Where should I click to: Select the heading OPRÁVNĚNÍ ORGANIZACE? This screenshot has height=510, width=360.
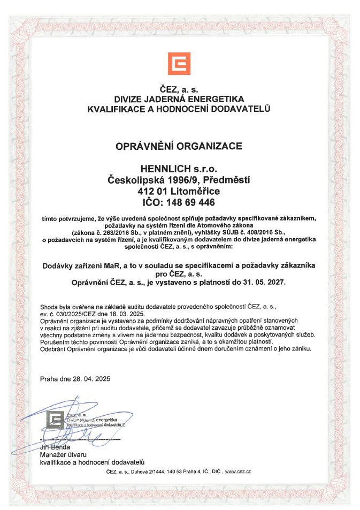pyautogui.click(x=180, y=145)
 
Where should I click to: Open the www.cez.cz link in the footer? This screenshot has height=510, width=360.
pyautogui.click(x=238, y=471)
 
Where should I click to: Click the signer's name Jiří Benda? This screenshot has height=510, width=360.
pyautogui.click(x=55, y=446)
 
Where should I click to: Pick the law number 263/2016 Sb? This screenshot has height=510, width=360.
pyautogui.click(x=120, y=233)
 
